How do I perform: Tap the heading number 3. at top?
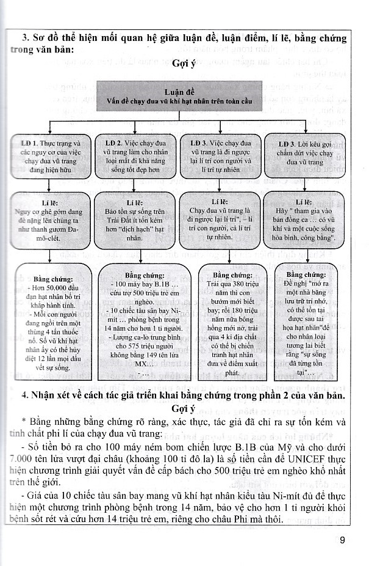(25, 38)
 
